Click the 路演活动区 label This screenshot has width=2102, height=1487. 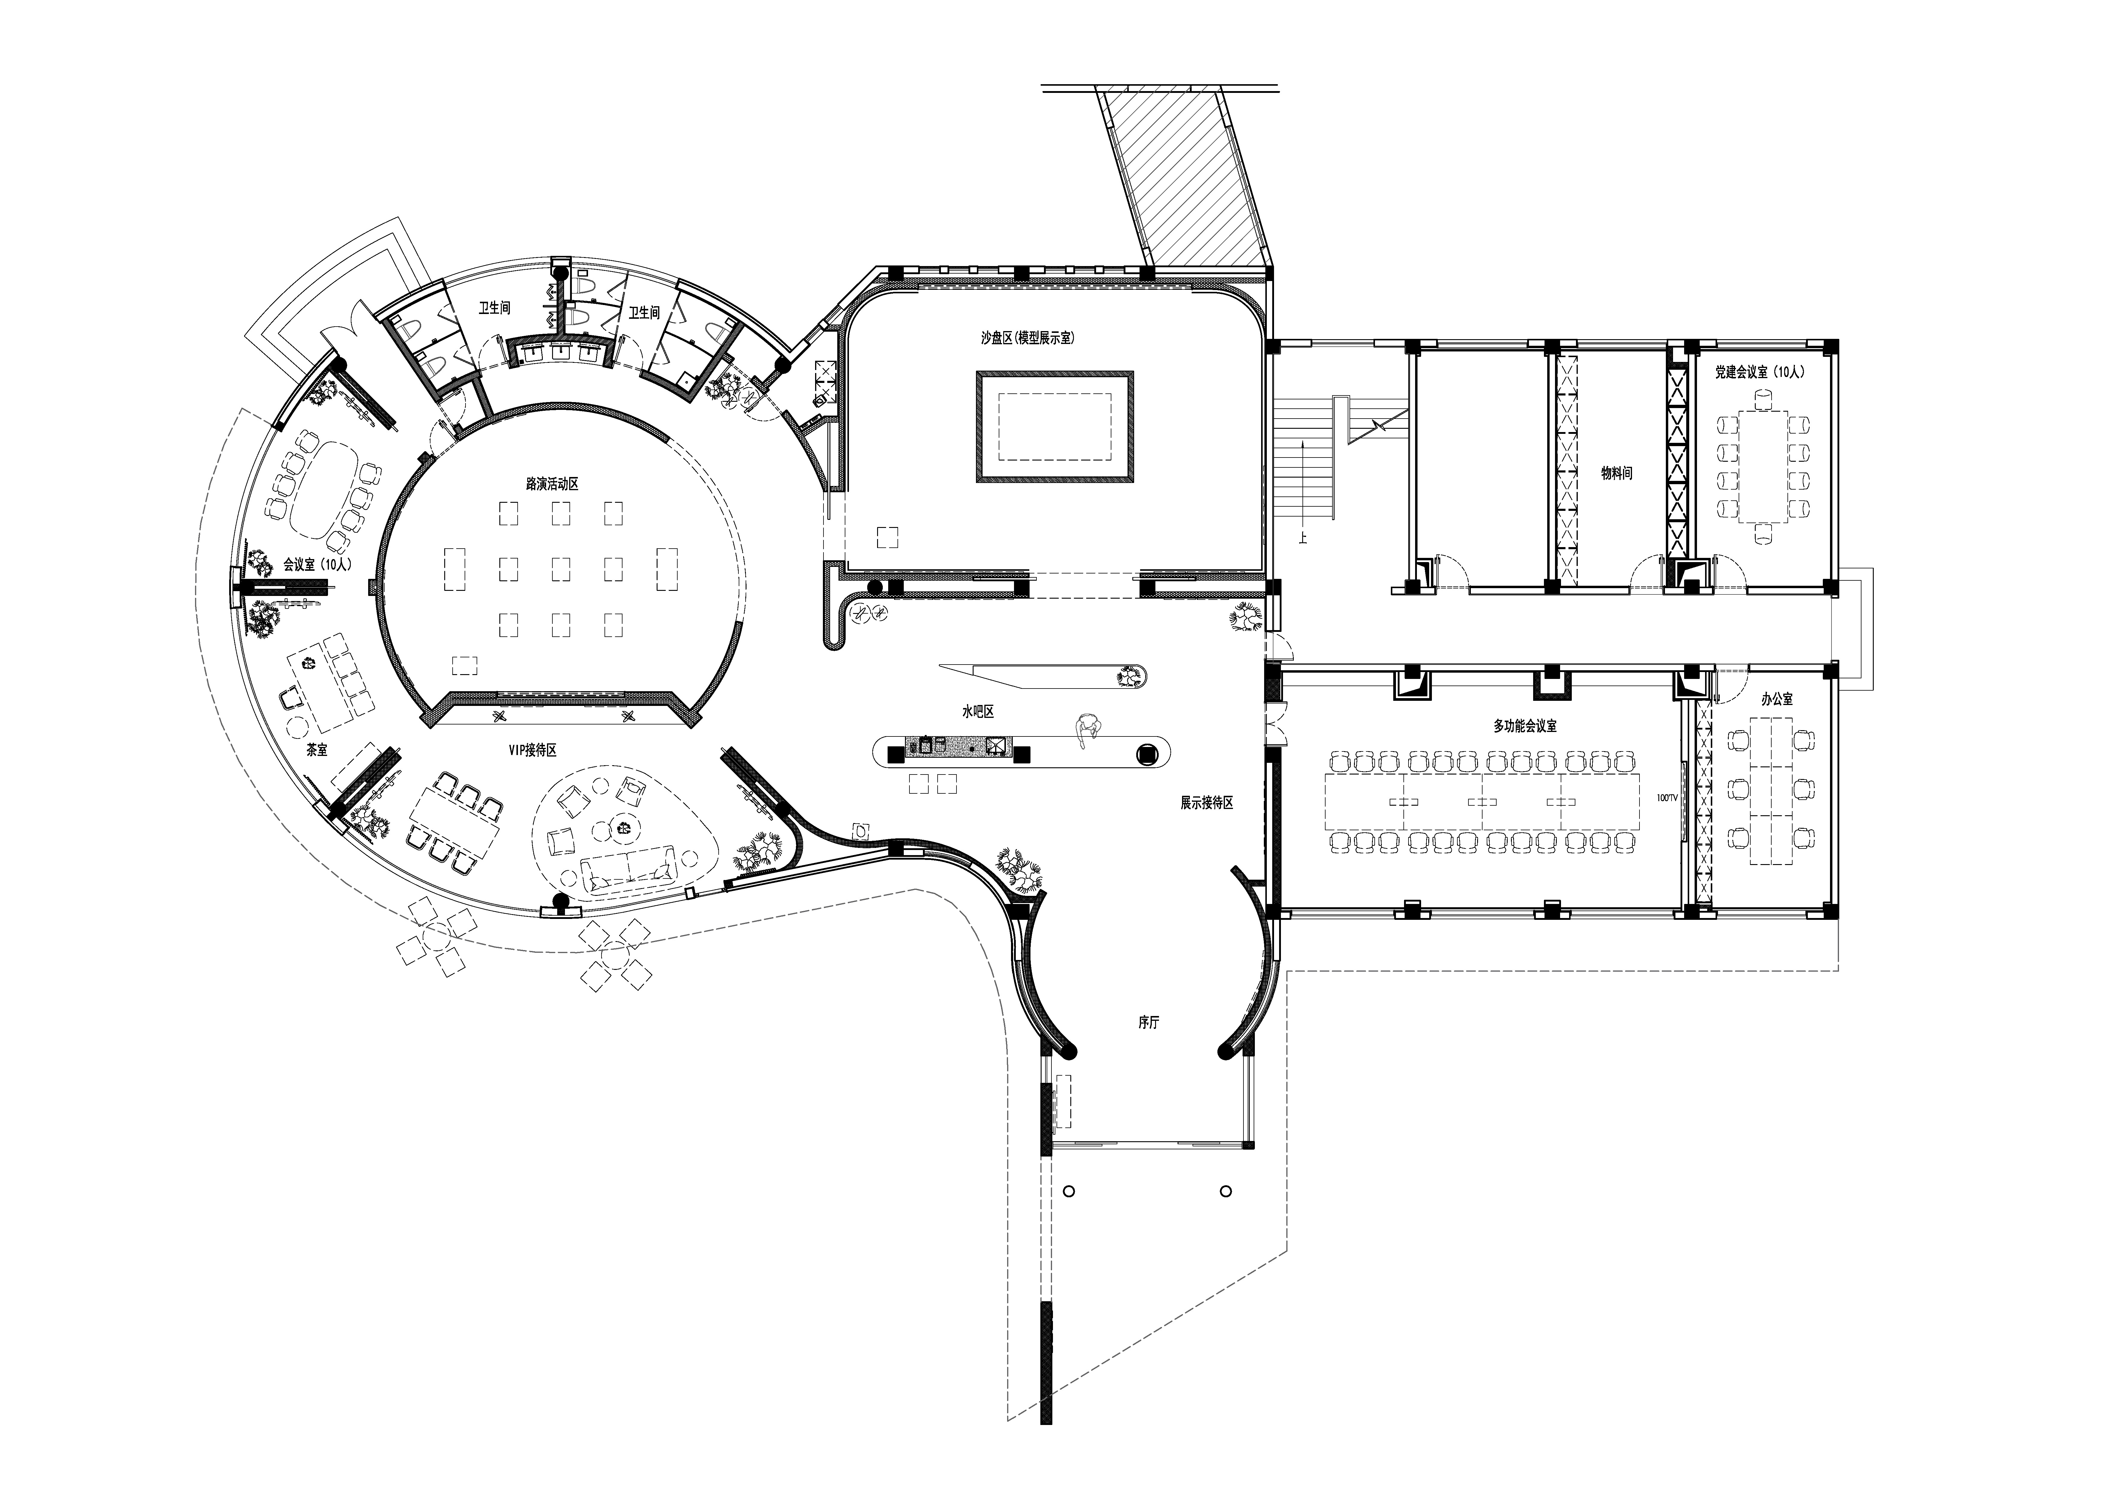click(552, 484)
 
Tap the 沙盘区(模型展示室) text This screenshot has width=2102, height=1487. click(1027, 338)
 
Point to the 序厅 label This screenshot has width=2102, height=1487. click(1149, 1023)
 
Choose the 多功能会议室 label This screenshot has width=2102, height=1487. click(1525, 726)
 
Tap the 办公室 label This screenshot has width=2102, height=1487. click(1777, 699)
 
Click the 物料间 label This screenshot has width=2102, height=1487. click(1617, 473)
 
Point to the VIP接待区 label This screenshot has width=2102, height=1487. click(533, 750)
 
